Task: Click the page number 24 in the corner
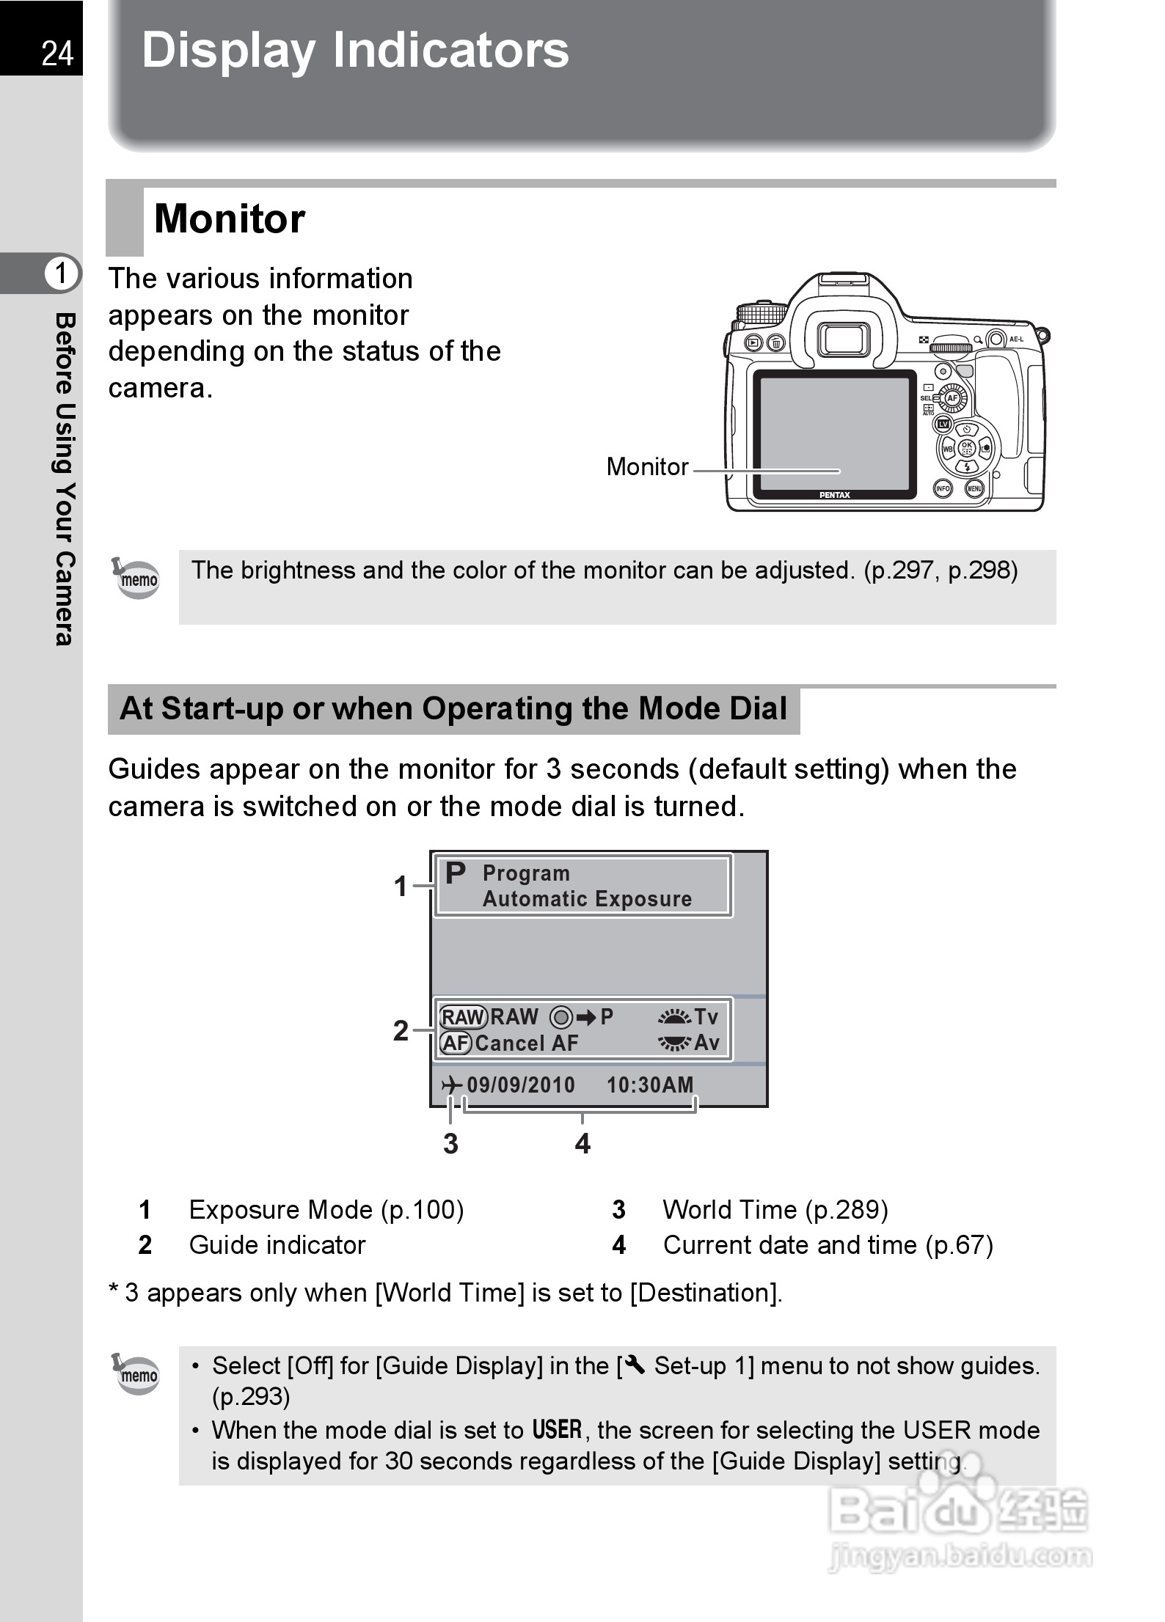[x=57, y=54]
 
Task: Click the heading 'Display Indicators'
[x=355, y=51]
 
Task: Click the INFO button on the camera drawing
[x=943, y=488]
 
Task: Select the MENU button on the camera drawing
[x=974, y=488]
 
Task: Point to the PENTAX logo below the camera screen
[x=834, y=495]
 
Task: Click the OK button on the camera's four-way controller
[x=966, y=447]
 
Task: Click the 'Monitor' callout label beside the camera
[x=647, y=467]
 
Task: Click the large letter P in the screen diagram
[x=456, y=873]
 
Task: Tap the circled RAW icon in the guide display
[x=463, y=1017]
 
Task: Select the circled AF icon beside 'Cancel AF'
[x=456, y=1043]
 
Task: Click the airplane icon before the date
[x=452, y=1085]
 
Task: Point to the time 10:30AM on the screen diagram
[x=650, y=1085]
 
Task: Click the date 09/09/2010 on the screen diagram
[x=521, y=1085]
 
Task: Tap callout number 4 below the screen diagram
[x=582, y=1144]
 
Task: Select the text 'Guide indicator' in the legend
[x=277, y=1245]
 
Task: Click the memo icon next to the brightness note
[x=138, y=579]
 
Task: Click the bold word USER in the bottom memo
[x=557, y=1430]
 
